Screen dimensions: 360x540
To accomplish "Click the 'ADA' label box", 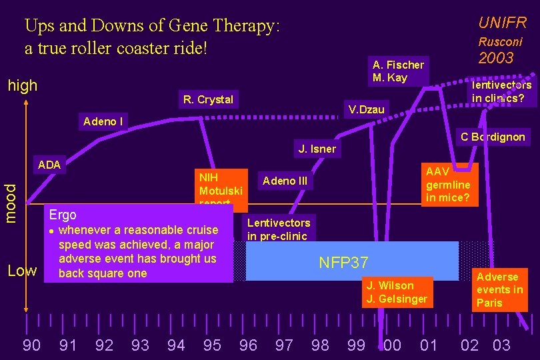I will [x=49, y=165].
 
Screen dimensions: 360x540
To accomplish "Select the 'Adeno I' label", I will [x=103, y=121].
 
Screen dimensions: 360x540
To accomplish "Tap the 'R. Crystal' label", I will [x=208, y=100].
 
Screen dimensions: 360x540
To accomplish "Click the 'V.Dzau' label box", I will [x=367, y=109].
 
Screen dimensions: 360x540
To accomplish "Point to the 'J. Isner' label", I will [x=317, y=149].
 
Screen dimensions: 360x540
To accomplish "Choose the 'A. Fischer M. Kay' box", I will [x=398, y=71].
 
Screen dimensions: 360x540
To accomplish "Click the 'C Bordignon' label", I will [x=493, y=137].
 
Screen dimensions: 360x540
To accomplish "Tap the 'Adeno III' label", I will [x=285, y=181].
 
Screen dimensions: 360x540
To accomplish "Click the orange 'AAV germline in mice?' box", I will [x=448, y=185].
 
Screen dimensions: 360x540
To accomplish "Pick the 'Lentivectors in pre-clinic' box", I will [x=278, y=229].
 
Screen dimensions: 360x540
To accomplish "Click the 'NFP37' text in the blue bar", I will [x=343, y=262].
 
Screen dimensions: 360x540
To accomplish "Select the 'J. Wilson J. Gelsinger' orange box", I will [x=396, y=292].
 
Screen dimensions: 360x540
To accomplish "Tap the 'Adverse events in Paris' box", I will [x=499, y=290].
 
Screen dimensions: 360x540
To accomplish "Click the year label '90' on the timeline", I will [x=31, y=345].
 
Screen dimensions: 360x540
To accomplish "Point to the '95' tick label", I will [x=212, y=345].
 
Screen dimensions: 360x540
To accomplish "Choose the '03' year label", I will [x=501, y=345].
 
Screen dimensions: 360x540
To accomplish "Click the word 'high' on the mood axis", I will [x=22, y=85].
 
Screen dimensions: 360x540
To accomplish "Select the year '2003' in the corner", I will [x=497, y=58].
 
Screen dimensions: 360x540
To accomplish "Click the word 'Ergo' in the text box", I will [x=63, y=215].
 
